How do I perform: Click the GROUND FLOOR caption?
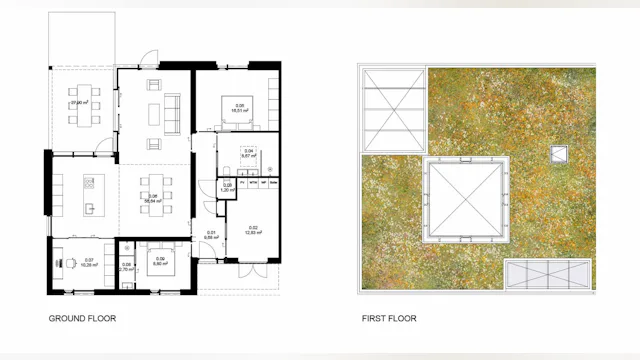tap(82, 319)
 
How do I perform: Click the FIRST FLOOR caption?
tap(389, 319)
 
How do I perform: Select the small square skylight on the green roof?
tap(558, 154)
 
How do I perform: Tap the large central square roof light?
tap(463, 197)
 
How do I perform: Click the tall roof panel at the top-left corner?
tap(391, 109)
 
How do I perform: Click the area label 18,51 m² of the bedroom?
tap(240, 111)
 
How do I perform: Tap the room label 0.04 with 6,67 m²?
tap(248, 154)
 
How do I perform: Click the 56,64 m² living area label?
tap(153, 199)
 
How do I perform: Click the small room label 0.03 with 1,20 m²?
tap(227, 187)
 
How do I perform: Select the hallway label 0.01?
tap(211, 234)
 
